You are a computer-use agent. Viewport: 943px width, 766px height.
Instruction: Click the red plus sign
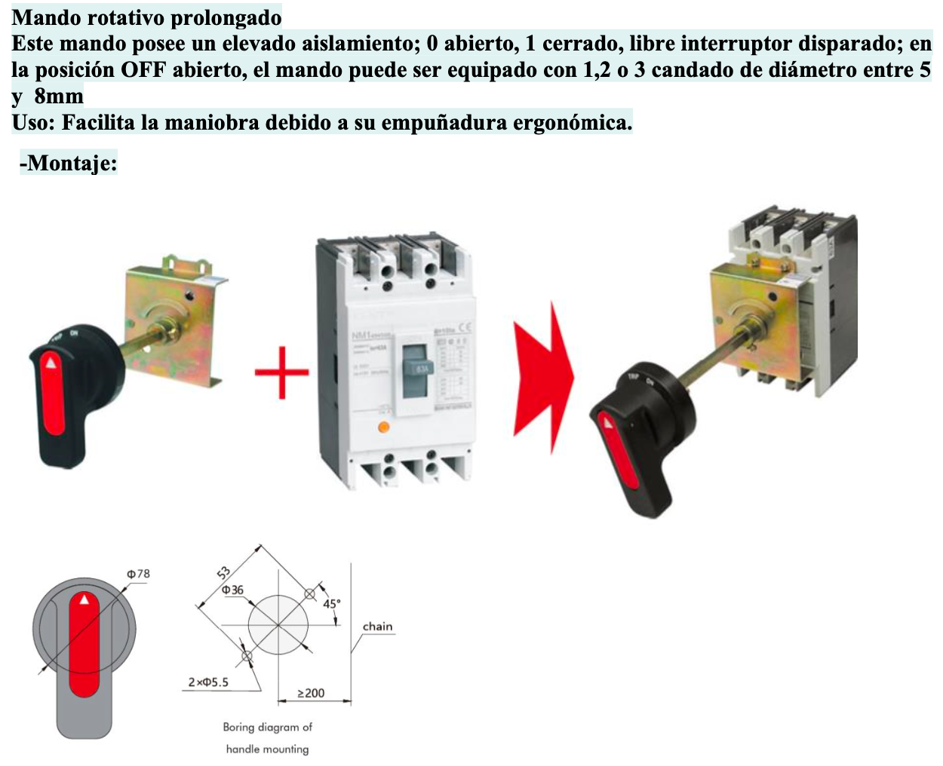pyautogui.click(x=281, y=372)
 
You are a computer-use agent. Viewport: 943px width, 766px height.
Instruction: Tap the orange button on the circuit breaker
pyautogui.click(x=382, y=427)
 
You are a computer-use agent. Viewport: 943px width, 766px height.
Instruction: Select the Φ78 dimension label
pyautogui.click(x=138, y=574)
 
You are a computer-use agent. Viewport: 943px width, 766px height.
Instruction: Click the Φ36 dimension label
pyautogui.click(x=232, y=590)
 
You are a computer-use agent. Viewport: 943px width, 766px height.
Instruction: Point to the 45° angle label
pyautogui.click(x=331, y=604)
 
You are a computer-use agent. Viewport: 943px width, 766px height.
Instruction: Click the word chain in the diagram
pyautogui.click(x=377, y=627)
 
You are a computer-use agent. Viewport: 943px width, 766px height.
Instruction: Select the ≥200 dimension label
pyautogui.click(x=311, y=693)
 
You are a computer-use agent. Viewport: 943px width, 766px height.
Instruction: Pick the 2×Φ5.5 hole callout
pyautogui.click(x=208, y=682)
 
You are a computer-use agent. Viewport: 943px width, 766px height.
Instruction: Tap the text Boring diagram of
pyautogui.click(x=267, y=727)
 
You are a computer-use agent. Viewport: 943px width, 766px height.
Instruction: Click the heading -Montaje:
pyautogui.click(x=68, y=162)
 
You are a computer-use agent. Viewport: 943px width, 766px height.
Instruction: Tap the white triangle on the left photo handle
pyautogui.click(x=51, y=363)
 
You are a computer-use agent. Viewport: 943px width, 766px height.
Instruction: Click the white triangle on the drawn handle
pyautogui.click(x=84, y=599)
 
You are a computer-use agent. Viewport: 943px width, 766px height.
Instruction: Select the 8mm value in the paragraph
pyautogui.click(x=59, y=97)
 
